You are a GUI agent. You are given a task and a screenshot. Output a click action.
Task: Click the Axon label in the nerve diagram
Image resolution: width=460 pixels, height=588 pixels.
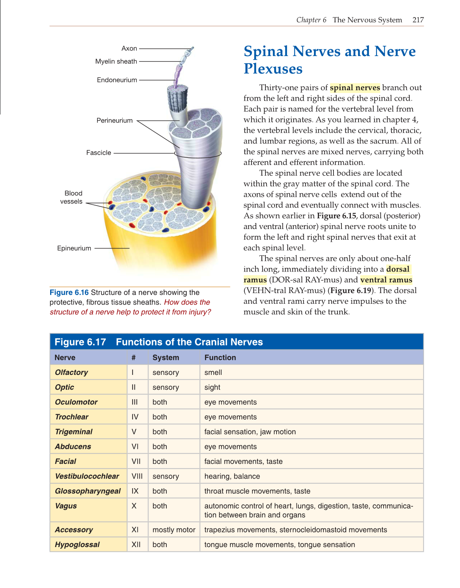[129, 49]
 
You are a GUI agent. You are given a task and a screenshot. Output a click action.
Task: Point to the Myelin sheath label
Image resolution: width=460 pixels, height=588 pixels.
[116, 61]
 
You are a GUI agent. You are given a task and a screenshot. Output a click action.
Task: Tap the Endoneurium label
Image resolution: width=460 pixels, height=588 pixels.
[117, 80]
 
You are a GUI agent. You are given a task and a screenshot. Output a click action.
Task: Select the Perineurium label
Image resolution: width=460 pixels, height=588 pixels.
[114, 120]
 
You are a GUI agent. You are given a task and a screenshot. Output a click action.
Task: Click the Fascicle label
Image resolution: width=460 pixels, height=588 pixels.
[98, 153]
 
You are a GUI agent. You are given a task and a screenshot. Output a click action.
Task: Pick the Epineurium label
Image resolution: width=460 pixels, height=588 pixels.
[74, 248]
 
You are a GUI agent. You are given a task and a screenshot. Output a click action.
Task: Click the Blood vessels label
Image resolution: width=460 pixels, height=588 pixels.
[72, 197]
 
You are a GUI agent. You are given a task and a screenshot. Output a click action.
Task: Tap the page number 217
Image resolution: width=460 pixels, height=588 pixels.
[418, 20]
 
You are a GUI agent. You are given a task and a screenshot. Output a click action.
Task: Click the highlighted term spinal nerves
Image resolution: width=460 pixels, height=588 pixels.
[355, 87]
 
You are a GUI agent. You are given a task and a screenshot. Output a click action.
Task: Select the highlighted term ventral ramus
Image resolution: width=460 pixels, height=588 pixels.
[386, 280]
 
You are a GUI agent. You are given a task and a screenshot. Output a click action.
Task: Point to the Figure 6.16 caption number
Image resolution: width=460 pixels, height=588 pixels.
[69, 293]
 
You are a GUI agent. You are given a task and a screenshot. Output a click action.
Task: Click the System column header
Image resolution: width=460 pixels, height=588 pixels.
[166, 357]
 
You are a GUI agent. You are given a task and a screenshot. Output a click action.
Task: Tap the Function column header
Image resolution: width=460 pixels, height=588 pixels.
[220, 357]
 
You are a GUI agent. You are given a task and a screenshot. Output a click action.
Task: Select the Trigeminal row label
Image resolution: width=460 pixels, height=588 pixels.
[74, 432]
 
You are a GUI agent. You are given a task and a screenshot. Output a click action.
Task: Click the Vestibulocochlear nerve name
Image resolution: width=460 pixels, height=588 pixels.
[87, 476]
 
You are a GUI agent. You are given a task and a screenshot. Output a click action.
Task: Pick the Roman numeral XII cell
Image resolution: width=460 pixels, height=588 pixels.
[136, 545]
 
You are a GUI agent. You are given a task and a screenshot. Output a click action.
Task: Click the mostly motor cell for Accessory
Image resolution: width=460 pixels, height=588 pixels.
[174, 530]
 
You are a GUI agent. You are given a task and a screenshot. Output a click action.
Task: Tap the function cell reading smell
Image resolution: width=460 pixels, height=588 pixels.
[213, 373]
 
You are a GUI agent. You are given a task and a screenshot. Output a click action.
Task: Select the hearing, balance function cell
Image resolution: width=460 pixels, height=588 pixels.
[232, 476]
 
